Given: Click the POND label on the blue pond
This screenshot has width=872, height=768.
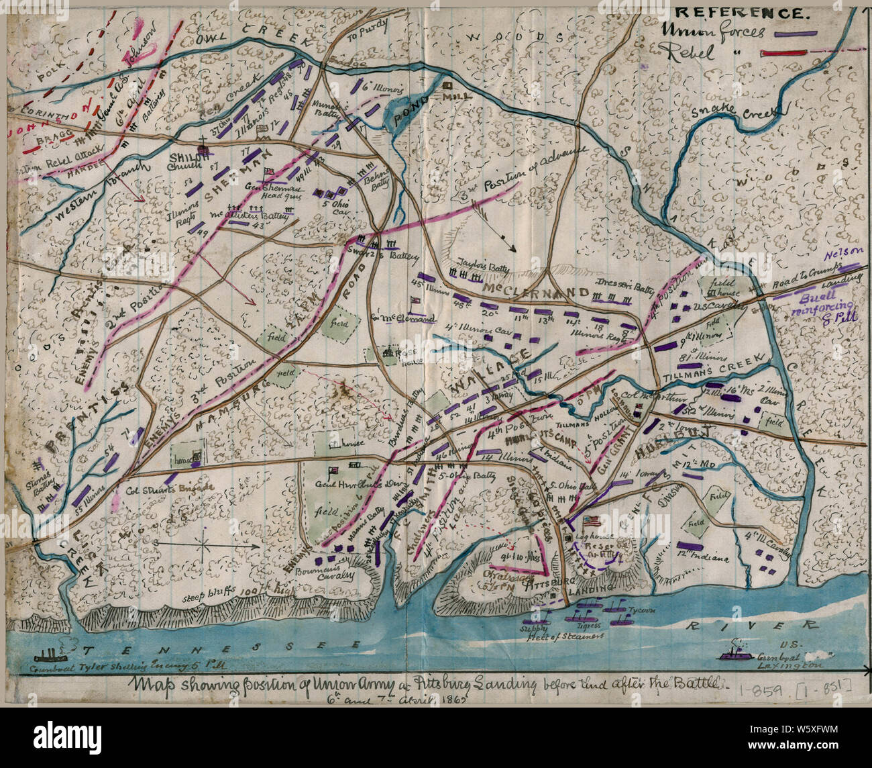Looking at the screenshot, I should (x=404, y=113).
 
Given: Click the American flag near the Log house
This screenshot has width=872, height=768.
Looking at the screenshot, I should (x=592, y=521).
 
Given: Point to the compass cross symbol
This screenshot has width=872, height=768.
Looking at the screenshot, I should (x=203, y=541).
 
